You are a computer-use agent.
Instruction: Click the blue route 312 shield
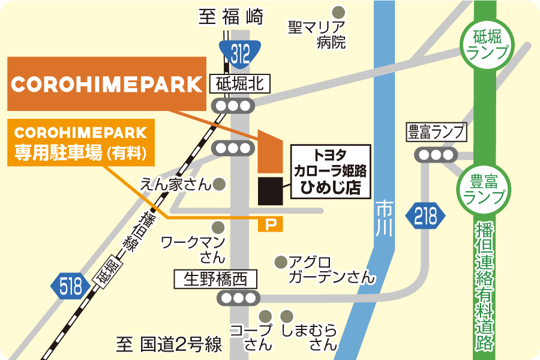click(239, 53)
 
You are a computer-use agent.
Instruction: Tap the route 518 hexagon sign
click(70, 287)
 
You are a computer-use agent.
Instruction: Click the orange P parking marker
click(270, 224)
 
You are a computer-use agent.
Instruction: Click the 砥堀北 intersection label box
click(240, 84)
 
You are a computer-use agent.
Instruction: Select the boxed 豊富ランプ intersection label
click(436, 132)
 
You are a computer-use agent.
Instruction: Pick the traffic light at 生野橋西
click(238, 298)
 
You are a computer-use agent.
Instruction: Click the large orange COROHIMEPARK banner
click(107, 84)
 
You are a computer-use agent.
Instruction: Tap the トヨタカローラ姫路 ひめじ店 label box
click(331, 170)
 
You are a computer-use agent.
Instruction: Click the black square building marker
click(270, 190)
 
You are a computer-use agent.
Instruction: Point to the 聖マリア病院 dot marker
click(339, 11)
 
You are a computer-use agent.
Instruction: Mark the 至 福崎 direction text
click(231, 17)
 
